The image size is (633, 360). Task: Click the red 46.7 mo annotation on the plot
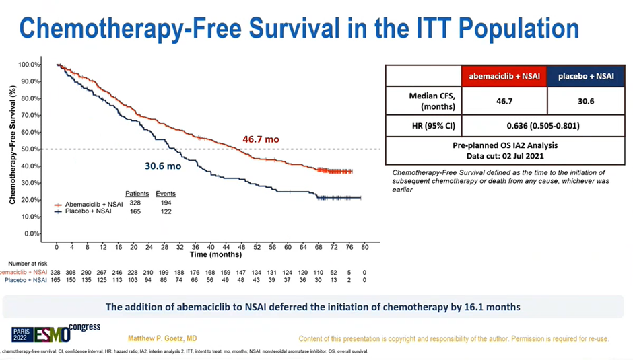pos(261,139)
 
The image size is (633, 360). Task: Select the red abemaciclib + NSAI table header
pos(504,76)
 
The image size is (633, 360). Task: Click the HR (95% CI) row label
pos(423,125)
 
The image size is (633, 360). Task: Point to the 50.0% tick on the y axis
pos(30,149)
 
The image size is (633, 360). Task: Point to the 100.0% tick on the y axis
pos(30,65)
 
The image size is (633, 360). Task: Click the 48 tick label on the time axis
pos(241,247)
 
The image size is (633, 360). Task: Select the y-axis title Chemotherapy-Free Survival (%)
pos(12,149)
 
